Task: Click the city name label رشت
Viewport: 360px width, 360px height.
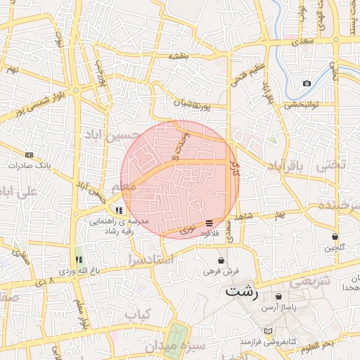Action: click(x=242, y=290)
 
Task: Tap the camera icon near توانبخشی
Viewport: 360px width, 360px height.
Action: click(x=307, y=84)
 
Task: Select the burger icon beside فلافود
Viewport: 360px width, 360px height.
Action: click(x=209, y=223)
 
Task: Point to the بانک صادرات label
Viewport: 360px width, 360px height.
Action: click(x=27, y=165)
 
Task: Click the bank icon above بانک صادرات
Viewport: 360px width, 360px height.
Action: click(x=29, y=155)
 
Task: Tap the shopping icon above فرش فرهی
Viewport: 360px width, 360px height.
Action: click(x=222, y=260)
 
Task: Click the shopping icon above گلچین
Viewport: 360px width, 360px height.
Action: click(x=335, y=236)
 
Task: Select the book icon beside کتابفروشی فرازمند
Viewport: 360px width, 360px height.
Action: click(x=267, y=330)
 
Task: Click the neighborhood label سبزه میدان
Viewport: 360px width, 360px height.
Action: click(x=176, y=346)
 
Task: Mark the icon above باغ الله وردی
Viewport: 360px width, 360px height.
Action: click(x=79, y=260)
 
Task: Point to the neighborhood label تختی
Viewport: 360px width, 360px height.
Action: click(x=332, y=165)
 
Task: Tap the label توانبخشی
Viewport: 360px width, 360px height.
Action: click(x=302, y=104)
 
